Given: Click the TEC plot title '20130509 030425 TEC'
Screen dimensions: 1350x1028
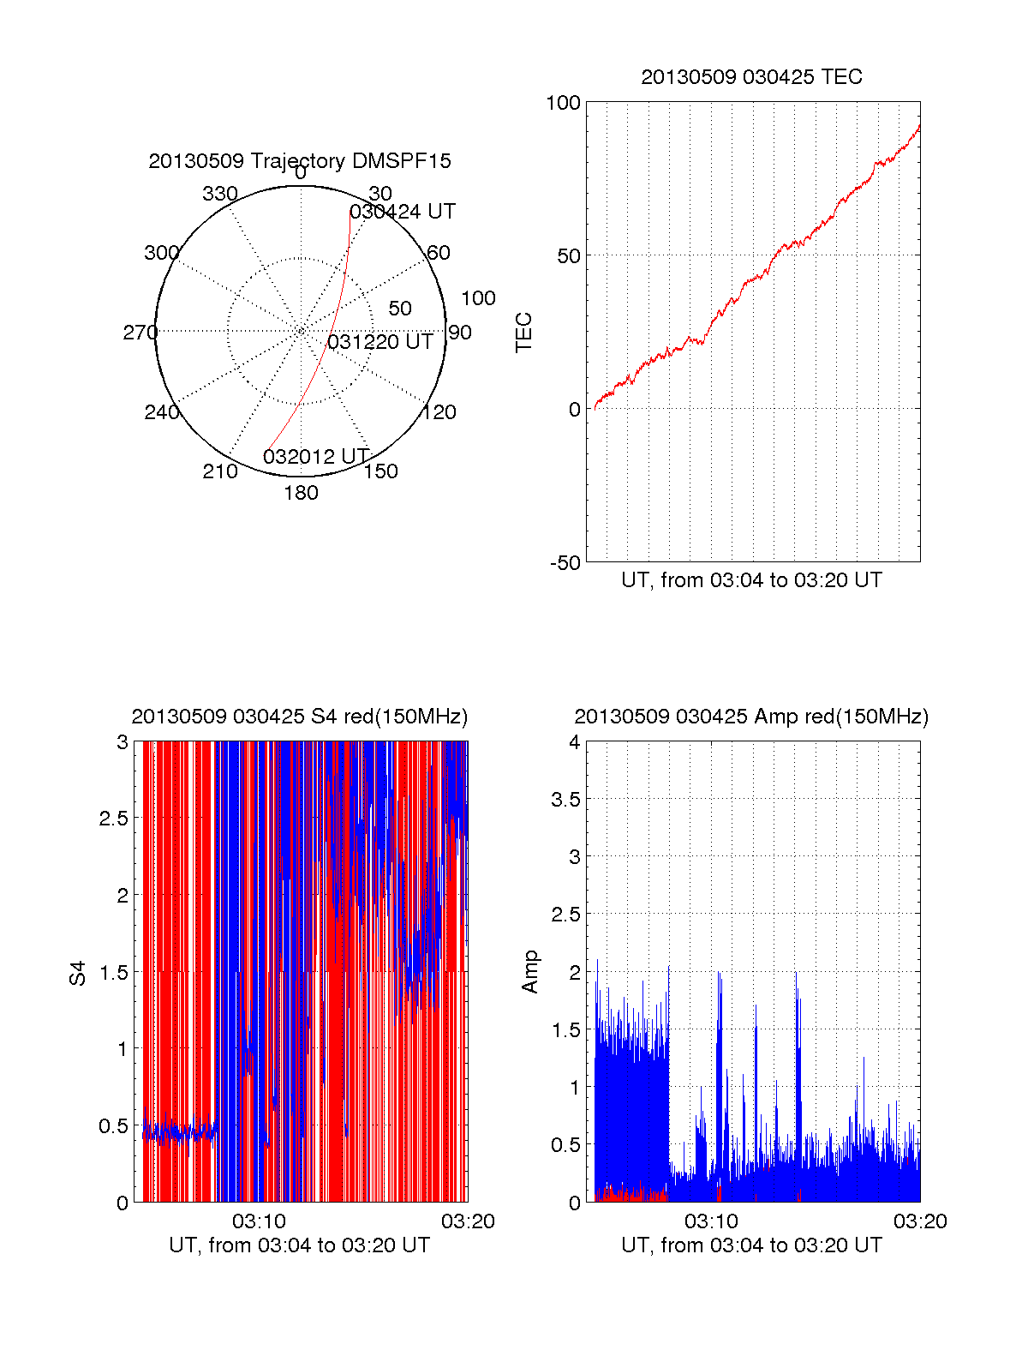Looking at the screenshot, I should (x=751, y=77).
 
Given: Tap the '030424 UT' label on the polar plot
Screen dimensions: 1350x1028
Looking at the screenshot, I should (x=403, y=212).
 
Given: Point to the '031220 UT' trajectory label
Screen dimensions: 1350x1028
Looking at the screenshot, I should (x=380, y=342).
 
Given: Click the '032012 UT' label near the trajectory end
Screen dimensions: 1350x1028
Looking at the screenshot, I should (x=316, y=456).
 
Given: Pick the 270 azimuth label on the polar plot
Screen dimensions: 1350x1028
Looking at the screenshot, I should (x=140, y=333).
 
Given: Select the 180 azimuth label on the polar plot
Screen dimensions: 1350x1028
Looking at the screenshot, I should (x=301, y=493).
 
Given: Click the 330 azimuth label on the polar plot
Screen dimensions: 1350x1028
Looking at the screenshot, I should (x=220, y=194).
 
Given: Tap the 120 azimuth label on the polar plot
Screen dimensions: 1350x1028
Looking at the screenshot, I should (x=439, y=412).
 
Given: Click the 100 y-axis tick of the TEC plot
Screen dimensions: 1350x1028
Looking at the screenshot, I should (x=563, y=103).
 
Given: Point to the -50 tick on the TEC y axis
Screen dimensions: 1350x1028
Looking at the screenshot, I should (x=565, y=563).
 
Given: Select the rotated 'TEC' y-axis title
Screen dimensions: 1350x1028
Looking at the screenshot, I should (x=523, y=333).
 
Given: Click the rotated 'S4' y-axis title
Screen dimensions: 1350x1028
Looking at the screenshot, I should (x=78, y=973).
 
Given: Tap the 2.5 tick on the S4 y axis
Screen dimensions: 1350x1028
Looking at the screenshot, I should (x=114, y=819).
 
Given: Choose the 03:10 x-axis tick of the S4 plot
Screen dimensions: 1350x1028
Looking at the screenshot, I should (x=259, y=1221).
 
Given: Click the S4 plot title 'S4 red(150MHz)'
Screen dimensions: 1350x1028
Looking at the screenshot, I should (x=299, y=717).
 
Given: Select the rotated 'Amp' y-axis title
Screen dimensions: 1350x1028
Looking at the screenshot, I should (x=530, y=971).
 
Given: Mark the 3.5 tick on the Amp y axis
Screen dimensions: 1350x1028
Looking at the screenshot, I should (x=565, y=800).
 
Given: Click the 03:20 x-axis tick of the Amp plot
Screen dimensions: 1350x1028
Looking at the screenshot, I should (x=920, y=1221).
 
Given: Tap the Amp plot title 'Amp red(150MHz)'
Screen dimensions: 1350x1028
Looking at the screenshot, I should (x=751, y=717).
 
